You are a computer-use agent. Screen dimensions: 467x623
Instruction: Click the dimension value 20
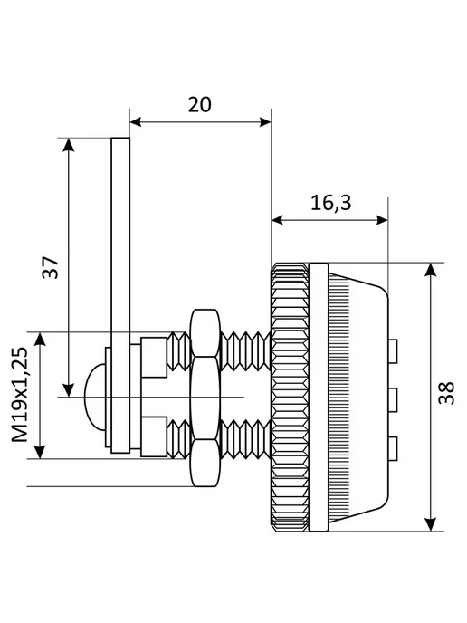(x=200, y=105)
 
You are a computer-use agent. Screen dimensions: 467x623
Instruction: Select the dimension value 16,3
(x=331, y=203)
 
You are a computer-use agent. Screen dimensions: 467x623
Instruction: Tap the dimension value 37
(x=51, y=267)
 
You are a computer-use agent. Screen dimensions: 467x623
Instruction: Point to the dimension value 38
(x=446, y=393)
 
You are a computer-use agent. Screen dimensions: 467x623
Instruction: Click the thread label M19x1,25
(x=20, y=395)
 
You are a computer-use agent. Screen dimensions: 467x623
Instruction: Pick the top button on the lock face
(x=393, y=351)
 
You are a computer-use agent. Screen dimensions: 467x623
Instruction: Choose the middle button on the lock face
(x=393, y=399)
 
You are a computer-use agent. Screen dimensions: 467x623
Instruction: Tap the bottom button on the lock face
(x=393, y=448)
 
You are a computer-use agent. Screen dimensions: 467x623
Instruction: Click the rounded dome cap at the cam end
(x=95, y=397)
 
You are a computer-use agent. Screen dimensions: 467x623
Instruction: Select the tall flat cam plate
(x=120, y=295)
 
